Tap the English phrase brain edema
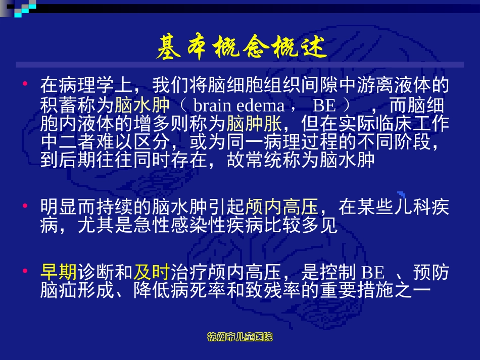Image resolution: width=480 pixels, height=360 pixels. click(x=238, y=106)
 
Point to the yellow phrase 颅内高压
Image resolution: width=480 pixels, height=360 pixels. click(x=282, y=207)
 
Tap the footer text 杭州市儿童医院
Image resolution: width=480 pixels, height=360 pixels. click(x=241, y=337)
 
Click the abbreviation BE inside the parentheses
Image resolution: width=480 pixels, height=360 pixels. click(x=323, y=106)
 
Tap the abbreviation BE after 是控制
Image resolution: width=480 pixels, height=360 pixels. click(x=373, y=273)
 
